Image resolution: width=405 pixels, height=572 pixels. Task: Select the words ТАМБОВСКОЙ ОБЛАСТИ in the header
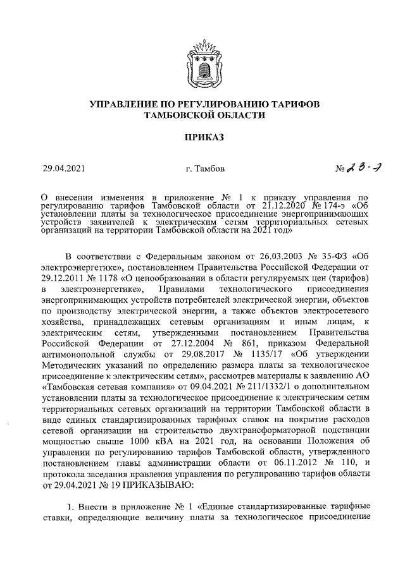tap(202, 115)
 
